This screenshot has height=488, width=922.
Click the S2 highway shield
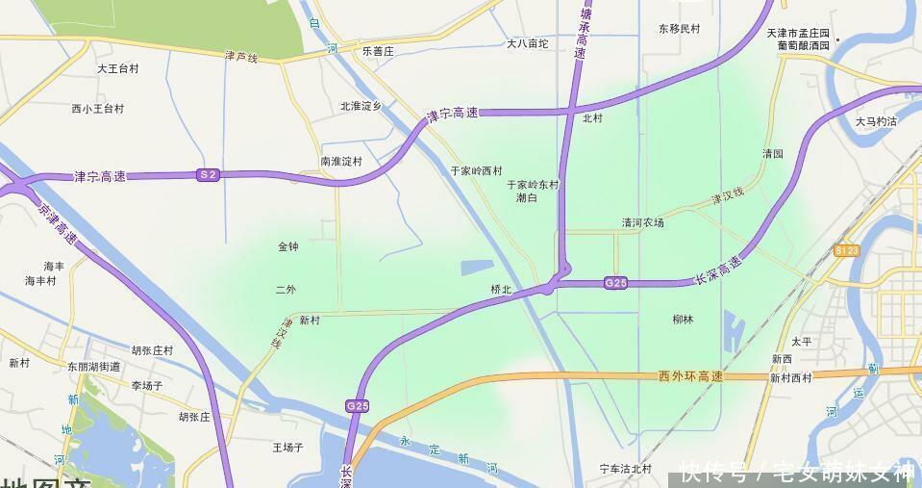pyautogui.click(x=208, y=174)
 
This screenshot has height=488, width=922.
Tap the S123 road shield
pyautogui.click(x=846, y=250)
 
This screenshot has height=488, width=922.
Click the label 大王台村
pyautogui.click(x=117, y=69)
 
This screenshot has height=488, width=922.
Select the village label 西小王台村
pyautogui.click(x=97, y=109)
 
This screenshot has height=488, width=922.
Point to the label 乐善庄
pyautogui.click(x=378, y=50)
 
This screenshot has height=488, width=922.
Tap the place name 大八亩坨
pyautogui.click(x=527, y=43)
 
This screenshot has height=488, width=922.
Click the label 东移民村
pyautogui.click(x=680, y=30)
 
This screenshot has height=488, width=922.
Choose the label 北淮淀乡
pyautogui.click(x=361, y=107)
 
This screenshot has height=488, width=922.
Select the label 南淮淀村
pyautogui.click(x=341, y=162)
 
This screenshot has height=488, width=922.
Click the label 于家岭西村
pyautogui.click(x=477, y=170)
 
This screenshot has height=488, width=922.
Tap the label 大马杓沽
pyautogui.click(x=875, y=121)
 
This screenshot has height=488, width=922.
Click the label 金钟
pyautogui.click(x=287, y=247)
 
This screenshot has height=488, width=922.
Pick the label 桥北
pyautogui.click(x=501, y=290)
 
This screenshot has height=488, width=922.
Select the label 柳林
pyautogui.click(x=683, y=320)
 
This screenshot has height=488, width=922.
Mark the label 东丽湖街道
pyautogui.click(x=94, y=367)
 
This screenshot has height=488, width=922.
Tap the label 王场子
pyautogui.click(x=287, y=448)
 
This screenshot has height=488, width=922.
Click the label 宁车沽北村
pyautogui.click(x=626, y=470)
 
